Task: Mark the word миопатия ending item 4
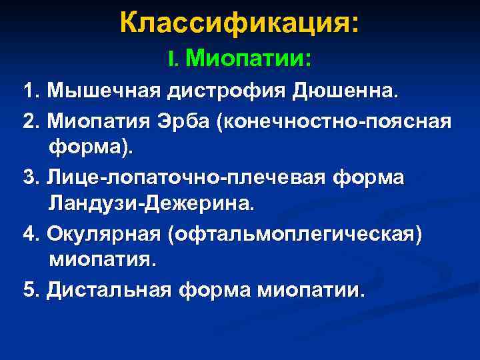click(102, 261)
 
